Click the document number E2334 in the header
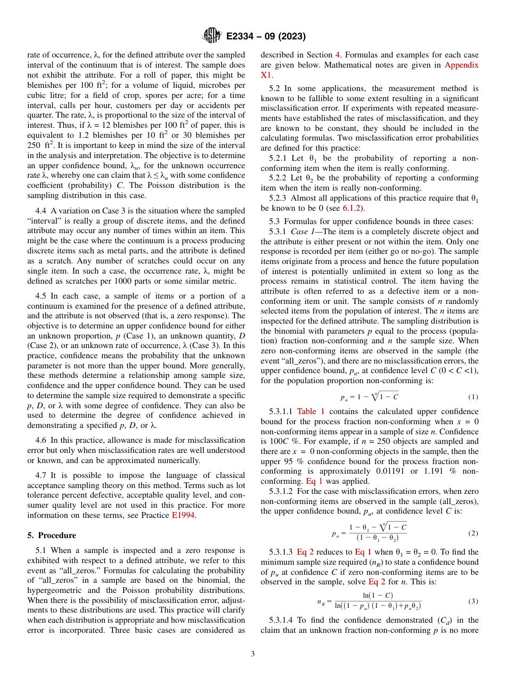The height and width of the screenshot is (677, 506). (x=243, y=37)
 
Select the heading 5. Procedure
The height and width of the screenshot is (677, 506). (x=52, y=535)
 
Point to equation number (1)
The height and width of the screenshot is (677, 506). (x=473, y=397)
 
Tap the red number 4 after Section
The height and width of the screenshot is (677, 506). (x=337, y=55)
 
